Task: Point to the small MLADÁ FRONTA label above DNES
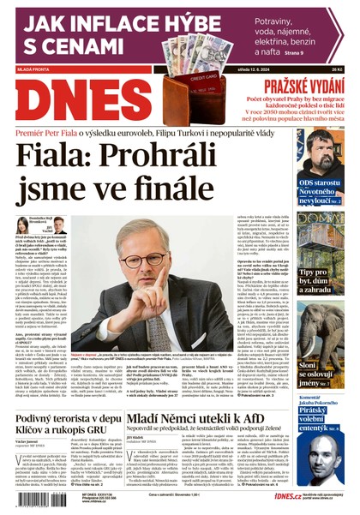(x=33, y=70)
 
